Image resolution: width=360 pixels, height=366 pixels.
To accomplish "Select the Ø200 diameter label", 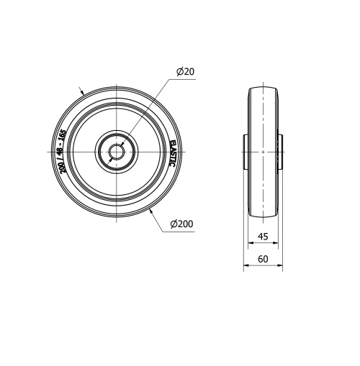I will coord(182,224).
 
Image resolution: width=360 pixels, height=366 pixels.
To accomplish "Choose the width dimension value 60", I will coord(264,260).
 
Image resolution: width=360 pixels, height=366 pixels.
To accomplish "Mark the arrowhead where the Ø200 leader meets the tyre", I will coord(150,211).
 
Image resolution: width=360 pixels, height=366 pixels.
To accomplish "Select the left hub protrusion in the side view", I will coord(246,151).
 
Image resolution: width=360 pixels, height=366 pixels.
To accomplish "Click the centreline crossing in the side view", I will coord(264,152).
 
